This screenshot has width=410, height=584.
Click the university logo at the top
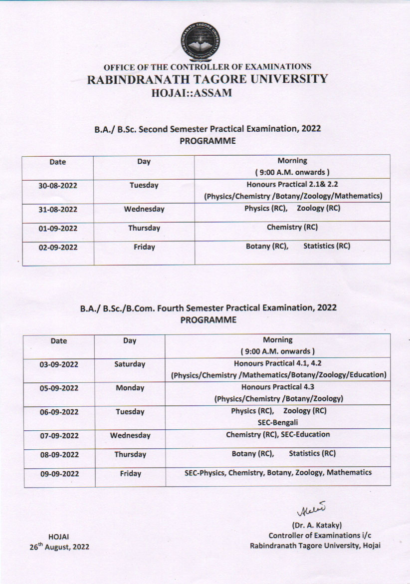[201, 42]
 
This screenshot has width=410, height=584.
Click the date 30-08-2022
[58, 186]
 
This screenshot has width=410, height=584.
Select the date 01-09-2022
[58, 229]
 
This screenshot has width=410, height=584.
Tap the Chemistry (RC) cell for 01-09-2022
[292, 227]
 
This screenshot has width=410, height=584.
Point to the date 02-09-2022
[58, 247]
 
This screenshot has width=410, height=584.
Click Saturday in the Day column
[130, 364]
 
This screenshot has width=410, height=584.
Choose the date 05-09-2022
[59, 388]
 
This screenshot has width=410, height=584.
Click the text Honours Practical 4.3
[278, 387]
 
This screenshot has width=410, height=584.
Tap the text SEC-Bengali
[278, 423]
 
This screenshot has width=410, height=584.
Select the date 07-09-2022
[59, 436]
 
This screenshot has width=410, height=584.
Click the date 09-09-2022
[59, 474]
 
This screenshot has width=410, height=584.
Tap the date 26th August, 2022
[59, 547]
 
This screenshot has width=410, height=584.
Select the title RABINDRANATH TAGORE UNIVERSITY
[207, 79]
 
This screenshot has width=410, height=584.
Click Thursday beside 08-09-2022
[130, 455]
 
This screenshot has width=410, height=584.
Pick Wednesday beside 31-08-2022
[144, 209]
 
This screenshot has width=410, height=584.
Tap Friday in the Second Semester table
[144, 247]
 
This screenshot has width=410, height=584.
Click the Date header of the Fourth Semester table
[58, 341]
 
